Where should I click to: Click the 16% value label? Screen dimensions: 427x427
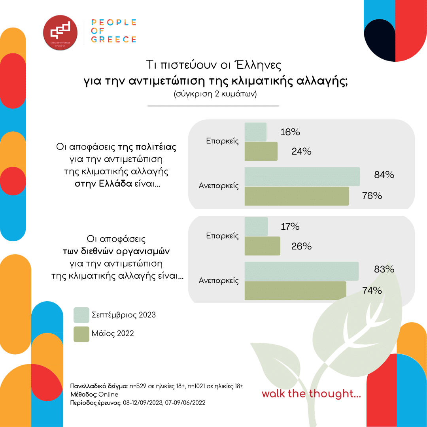click(x=290, y=132)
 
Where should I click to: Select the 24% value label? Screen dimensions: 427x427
click(x=301, y=151)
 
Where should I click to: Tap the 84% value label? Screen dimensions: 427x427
click(x=384, y=175)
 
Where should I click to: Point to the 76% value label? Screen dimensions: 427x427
click(x=372, y=195)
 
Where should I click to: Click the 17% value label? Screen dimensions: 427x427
click(x=290, y=227)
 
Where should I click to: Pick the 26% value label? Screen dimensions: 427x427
click(x=302, y=246)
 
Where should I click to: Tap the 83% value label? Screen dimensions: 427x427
click(x=384, y=269)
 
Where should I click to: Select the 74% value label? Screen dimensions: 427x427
click(x=372, y=291)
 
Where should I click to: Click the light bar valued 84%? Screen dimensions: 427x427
click(x=302, y=176)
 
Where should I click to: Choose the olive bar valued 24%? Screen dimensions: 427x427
click(x=261, y=151)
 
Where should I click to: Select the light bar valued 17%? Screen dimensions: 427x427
click(x=256, y=227)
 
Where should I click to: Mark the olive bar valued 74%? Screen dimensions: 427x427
click(x=295, y=291)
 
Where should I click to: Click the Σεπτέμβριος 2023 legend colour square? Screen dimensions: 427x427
click(x=81, y=315)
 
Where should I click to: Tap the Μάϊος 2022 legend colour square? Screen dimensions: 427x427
click(x=81, y=334)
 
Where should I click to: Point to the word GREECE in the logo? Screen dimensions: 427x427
click(x=113, y=39)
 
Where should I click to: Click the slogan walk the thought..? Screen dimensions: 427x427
click(x=311, y=394)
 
